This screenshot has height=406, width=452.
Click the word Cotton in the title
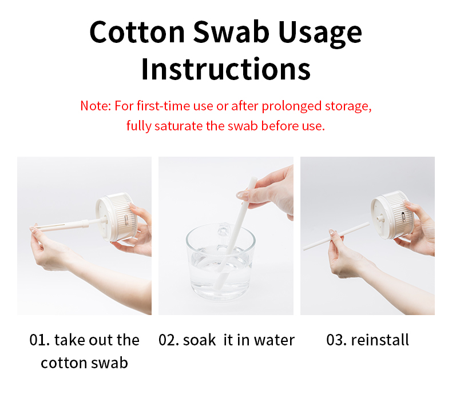pyautogui.click(x=137, y=32)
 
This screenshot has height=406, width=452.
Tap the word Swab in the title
pyautogui.click(x=231, y=32)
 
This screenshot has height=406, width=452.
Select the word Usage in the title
pyautogui.click(x=320, y=34)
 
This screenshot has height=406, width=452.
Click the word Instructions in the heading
pyautogui.click(x=225, y=69)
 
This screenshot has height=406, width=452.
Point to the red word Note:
pyautogui.click(x=96, y=106)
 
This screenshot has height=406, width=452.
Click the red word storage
pyautogui.click(x=348, y=106)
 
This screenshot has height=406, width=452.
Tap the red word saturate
pyautogui.click(x=179, y=126)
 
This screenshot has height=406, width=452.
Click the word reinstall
pyautogui.click(x=380, y=340)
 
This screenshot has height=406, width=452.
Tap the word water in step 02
pyautogui.click(x=274, y=340)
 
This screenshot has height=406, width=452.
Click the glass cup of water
pyautogui.click(x=220, y=262)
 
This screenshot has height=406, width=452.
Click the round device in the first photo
pyautogui.click(x=117, y=217)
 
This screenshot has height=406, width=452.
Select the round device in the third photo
pyautogui.click(x=392, y=214)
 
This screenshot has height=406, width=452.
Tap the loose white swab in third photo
pyautogui.click(x=336, y=236)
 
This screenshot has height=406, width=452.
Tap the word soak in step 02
pyautogui.click(x=199, y=340)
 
